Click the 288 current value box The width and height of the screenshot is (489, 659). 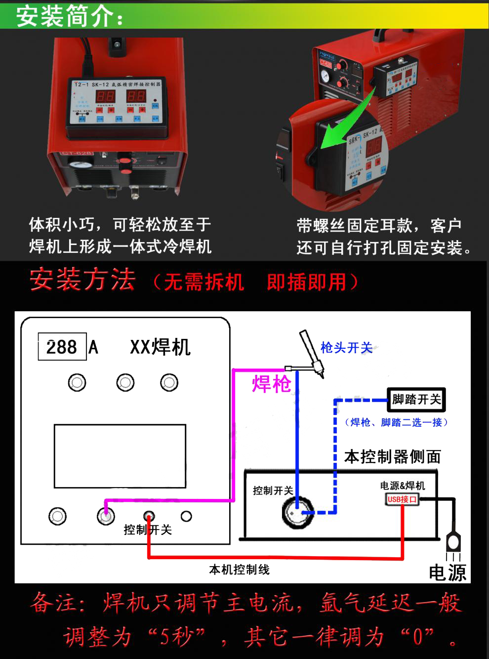coord(62,347)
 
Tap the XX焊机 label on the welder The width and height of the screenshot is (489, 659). coord(160,347)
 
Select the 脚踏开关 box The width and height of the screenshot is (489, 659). coord(416,400)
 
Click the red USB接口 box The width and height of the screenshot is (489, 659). coord(402,499)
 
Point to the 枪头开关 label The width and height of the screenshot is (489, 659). coord(346,348)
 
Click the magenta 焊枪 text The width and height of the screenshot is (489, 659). coord(271,384)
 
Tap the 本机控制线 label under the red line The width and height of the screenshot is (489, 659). coord(239,570)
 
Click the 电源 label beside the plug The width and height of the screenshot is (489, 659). coord(447,573)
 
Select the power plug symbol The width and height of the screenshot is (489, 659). coord(453,543)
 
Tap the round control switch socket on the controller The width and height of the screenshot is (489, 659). coord(297,512)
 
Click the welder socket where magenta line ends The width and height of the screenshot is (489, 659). coord(106,516)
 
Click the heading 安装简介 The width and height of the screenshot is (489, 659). coord(69,16)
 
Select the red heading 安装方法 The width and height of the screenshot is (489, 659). coord(82,280)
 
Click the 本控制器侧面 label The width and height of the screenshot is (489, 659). coord(392,457)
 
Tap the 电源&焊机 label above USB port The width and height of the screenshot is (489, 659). coord(402,486)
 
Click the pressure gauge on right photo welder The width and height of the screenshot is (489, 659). coord(325,77)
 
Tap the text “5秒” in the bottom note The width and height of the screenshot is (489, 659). coord(176,637)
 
